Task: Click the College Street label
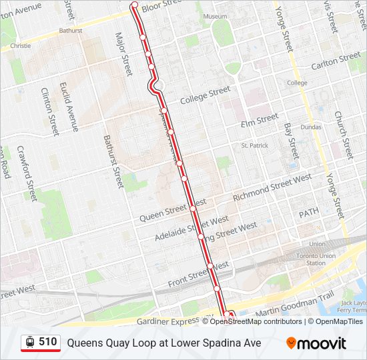click(x=205, y=95)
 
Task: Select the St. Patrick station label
click(x=254, y=145)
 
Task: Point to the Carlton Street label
click(x=336, y=61)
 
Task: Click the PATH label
click(x=309, y=213)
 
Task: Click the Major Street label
click(x=123, y=53)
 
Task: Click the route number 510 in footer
click(x=47, y=342)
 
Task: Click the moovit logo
click(x=316, y=343)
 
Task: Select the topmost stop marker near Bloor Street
click(x=134, y=5)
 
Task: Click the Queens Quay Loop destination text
click(x=163, y=343)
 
